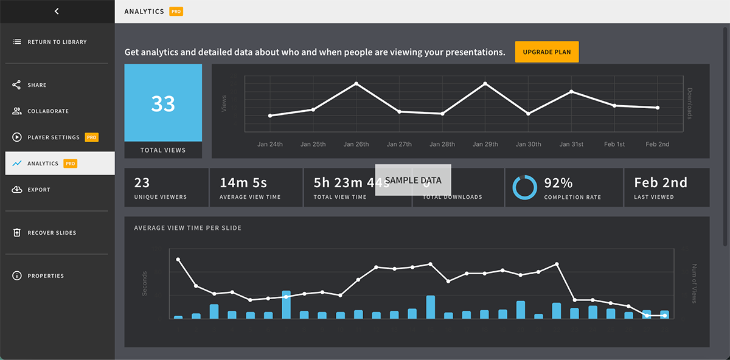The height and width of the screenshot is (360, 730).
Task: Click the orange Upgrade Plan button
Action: [x=546, y=52]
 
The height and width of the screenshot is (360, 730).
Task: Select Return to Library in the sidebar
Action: [x=57, y=42]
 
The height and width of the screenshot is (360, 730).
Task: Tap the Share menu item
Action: [x=36, y=85]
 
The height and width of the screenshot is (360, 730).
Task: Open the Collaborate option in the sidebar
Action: [x=47, y=111]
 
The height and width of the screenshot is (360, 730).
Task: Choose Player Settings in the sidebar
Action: [x=53, y=137]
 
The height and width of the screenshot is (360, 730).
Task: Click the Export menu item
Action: [x=38, y=190]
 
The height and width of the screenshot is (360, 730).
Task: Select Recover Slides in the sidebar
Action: [x=52, y=233]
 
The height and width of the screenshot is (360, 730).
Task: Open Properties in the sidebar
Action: [x=45, y=276]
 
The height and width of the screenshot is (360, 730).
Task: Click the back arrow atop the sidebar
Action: [x=57, y=11]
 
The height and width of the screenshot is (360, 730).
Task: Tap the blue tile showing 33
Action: [x=163, y=103]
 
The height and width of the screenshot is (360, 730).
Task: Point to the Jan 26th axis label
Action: [x=356, y=144]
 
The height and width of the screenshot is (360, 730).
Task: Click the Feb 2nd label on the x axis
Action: [x=657, y=144]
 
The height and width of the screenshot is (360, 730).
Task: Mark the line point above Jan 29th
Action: [x=485, y=83]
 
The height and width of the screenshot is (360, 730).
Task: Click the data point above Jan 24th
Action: [x=270, y=116]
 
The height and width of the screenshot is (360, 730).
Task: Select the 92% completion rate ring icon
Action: [x=524, y=187]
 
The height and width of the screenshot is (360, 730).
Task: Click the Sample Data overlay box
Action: [x=412, y=180]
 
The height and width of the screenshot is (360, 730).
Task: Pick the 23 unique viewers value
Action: [x=142, y=182]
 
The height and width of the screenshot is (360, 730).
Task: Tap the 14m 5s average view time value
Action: [x=243, y=182]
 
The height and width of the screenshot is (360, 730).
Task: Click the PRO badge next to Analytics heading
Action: [x=176, y=12]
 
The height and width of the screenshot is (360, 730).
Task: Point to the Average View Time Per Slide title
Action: [x=187, y=228]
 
